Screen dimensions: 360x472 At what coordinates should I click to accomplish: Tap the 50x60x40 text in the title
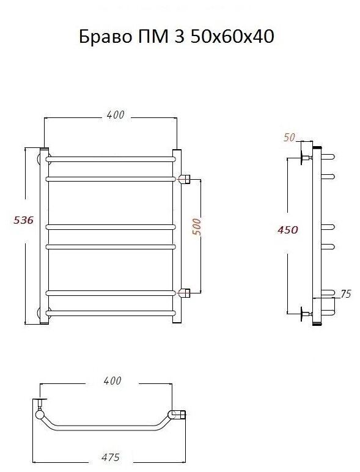point(232,37)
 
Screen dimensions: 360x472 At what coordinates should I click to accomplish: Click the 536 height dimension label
point(23,220)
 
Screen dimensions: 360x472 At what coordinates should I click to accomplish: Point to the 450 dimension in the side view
point(287,230)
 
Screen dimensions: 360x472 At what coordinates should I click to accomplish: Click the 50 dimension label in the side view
point(289,138)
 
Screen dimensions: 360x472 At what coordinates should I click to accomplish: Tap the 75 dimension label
point(346,294)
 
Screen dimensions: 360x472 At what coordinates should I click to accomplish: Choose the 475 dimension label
point(111,457)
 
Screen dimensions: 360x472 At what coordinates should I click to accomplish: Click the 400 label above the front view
point(115,115)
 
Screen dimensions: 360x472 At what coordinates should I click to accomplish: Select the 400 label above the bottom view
point(112,381)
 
